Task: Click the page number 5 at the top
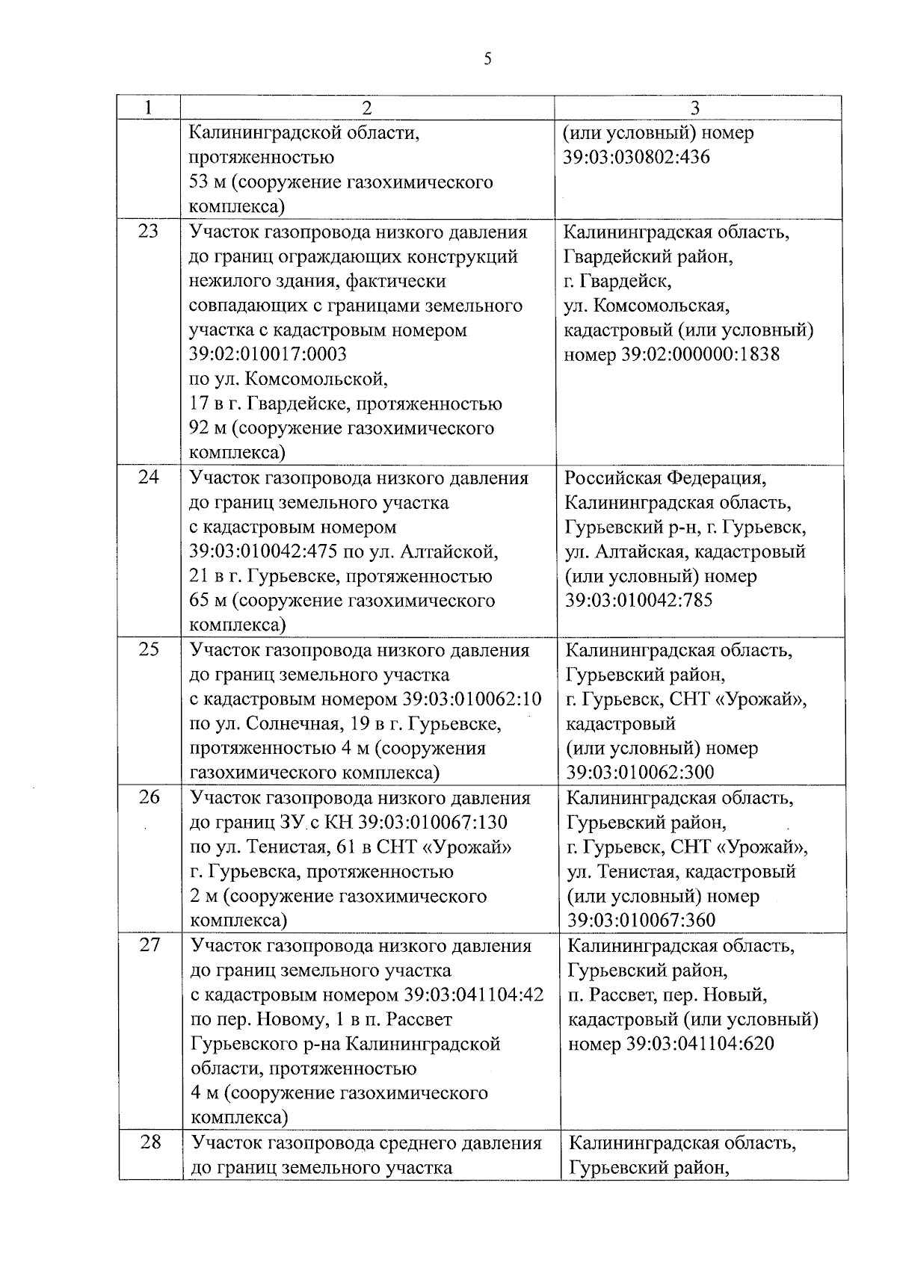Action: [x=487, y=60]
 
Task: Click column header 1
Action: [x=149, y=108]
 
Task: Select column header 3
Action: [x=695, y=108]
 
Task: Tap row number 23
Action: [x=149, y=232]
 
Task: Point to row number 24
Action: [x=149, y=477]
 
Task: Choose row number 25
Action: [x=149, y=649]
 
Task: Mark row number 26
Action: [x=149, y=797]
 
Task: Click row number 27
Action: [x=149, y=945]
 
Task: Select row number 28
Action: [x=150, y=1142]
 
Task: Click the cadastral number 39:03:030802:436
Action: [x=636, y=158]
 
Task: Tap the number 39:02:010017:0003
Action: [x=268, y=354]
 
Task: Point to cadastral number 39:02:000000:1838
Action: [x=700, y=354]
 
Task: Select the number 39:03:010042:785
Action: [x=639, y=600]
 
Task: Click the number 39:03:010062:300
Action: [x=641, y=772]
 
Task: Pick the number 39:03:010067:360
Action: [x=641, y=920]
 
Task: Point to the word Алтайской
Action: [x=448, y=552]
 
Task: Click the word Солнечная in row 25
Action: [x=288, y=724]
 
